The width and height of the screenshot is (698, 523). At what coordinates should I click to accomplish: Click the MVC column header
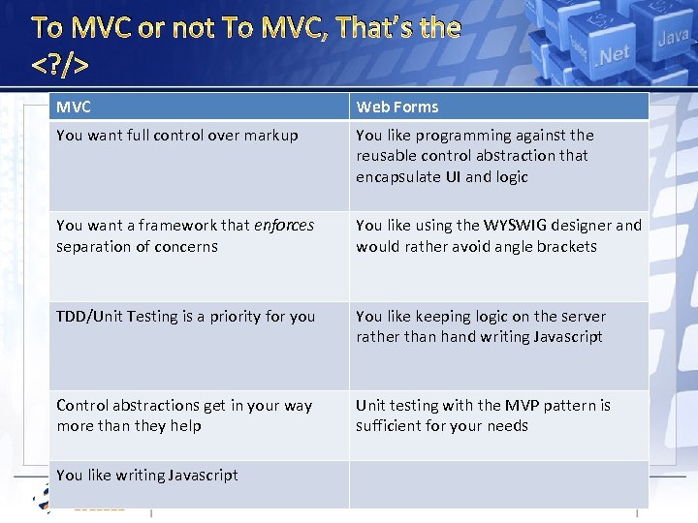click(x=74, y=107)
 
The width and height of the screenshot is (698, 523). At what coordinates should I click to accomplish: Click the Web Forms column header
click(x=397, y=107)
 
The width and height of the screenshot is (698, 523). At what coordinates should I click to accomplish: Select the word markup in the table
click(x=270, y=136)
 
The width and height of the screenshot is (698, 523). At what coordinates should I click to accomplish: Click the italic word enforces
click(x=284, y=225)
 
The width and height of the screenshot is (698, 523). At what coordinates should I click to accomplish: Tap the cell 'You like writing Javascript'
click(x=147, y=475)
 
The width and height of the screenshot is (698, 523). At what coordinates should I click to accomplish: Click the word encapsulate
click(x=397, y=176)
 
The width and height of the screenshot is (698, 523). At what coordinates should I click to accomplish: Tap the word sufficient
click(x=390, y=426)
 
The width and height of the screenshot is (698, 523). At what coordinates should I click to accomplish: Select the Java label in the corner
click(x=673, y=40)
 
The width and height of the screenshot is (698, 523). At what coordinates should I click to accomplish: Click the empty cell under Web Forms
click(x=498, y=483)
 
